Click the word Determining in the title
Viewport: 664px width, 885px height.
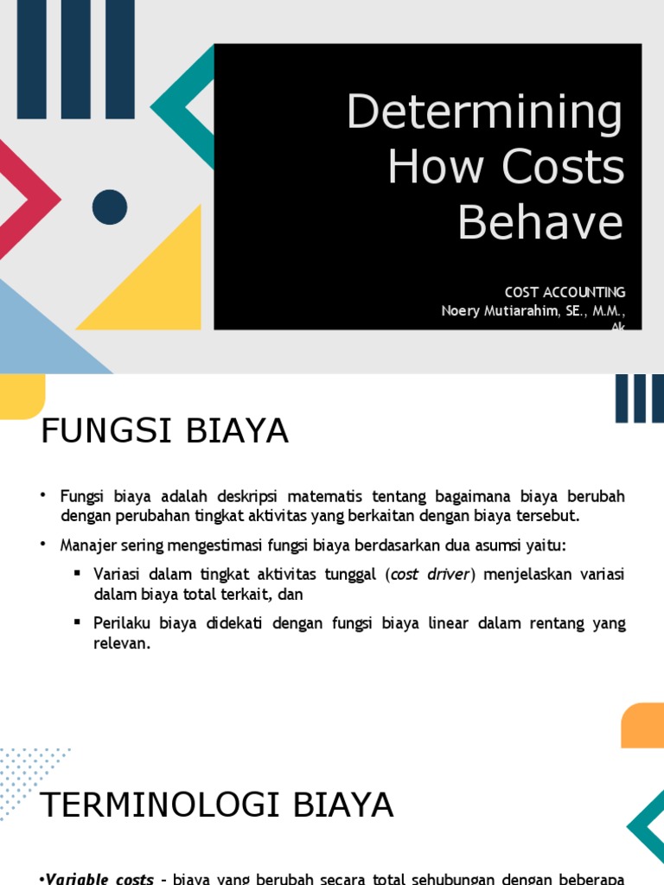(x=484, y=113)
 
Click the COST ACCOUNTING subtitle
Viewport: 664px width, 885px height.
(x=565, y=292)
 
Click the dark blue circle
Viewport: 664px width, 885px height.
(x=110, y=207)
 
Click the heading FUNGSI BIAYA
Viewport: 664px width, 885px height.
(x=164, y=430)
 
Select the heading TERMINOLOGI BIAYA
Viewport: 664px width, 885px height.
(x=217, y=805)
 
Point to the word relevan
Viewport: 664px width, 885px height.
(x=122, y=644)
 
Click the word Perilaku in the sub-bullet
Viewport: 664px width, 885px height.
(x=118, y=624)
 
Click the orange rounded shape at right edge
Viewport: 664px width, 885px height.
(x=643, y=725)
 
